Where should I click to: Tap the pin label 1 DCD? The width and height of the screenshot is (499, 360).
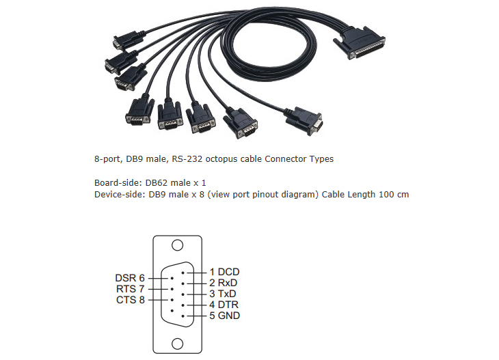pyautogui.click(x=224, y=272)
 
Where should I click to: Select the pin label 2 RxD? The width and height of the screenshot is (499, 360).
pyautogui.click(x=224, y=283)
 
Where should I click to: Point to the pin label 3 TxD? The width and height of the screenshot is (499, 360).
pyautogui.click(x=224, y=294)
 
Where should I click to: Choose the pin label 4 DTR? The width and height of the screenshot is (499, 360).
pyautogui.click(x=224, y=305)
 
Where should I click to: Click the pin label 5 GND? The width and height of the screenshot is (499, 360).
pyautogui.click(x=224, y=316)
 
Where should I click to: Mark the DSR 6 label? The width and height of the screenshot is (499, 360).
pyautogui.click(x=130, y=278)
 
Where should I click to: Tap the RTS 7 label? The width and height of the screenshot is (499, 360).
pyautogui.click(x=130, y=289)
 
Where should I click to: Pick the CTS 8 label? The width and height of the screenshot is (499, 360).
pyautogui.click(x=130, y=299)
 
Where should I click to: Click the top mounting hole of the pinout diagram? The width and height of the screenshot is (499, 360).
pyautogui.click(x=178, y=245)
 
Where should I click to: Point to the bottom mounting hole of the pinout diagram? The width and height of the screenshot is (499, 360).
pyautogui.click(x=178, y=343)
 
